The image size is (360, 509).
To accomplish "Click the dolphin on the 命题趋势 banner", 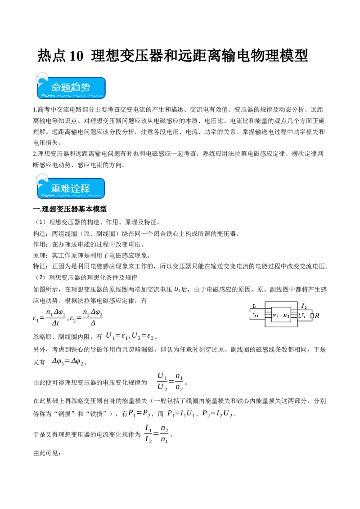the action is coord(41,78).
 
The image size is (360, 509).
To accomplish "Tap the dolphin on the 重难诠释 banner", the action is coord(41,179).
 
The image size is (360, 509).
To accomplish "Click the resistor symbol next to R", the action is coord(312,316).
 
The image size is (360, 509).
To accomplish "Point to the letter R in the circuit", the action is coord(317,316).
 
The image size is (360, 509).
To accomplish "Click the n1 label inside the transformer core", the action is coord(275,316).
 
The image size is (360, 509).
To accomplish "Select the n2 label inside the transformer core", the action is coord(286,316).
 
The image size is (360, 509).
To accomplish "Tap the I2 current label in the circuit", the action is coord(304,306).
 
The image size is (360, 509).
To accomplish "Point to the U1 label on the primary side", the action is coord(255,316).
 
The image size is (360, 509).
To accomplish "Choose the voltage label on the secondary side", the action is coord(302,316).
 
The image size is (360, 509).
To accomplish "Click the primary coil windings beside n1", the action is coord(268,315).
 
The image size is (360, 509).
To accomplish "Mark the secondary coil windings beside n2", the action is coord(294,315).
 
